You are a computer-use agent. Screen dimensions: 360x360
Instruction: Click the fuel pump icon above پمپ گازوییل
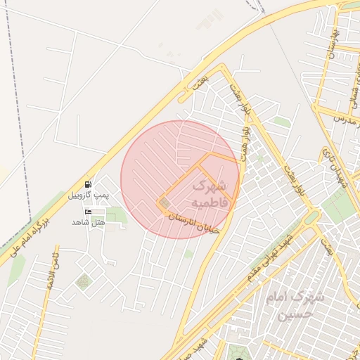[x=87, y=184]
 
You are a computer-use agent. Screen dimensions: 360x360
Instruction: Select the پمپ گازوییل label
[x=89, y=194]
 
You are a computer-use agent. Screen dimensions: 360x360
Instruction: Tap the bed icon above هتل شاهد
[x=88, y=212]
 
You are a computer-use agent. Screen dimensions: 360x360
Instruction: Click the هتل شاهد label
[x=88, y=222]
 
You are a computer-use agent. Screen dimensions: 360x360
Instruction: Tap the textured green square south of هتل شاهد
[x=83, y=281]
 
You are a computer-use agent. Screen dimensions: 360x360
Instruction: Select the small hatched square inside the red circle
[x=165, y=204]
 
